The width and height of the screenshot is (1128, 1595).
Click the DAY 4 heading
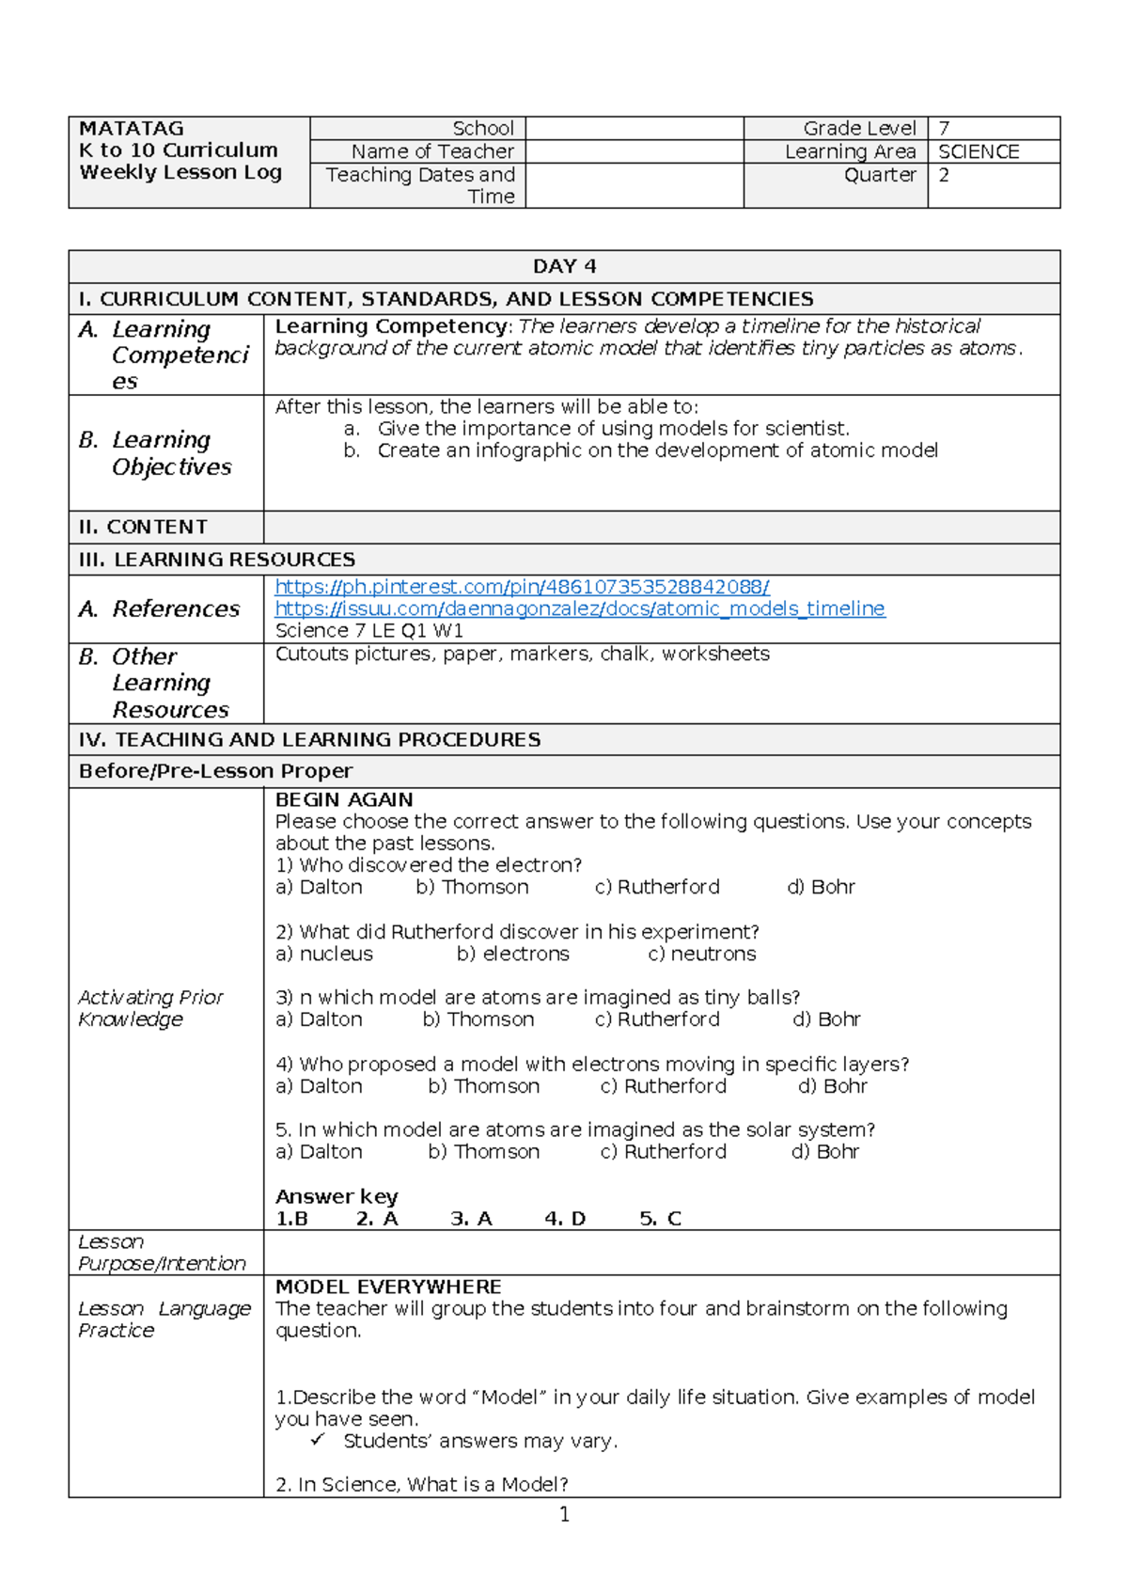coord(564,266)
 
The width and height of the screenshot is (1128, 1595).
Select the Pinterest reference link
coord(522,587)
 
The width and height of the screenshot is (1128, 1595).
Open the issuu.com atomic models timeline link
coord(579,608)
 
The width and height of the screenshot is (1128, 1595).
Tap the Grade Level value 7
coord(944,129)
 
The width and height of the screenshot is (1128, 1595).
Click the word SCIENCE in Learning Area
coord(979,151)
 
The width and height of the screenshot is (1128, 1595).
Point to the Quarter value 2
coord(944,175)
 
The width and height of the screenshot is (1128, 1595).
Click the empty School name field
coord(634,129)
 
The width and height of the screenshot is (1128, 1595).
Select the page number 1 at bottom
coord(564,1514)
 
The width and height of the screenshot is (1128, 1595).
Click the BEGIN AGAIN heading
coord(344,799)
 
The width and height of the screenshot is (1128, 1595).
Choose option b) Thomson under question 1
coord(472,887)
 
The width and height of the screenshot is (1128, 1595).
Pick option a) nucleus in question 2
coord(324,954)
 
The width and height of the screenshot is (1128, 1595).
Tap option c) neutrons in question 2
coord(701,954)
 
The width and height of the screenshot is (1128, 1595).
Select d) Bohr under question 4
coord(832,1086)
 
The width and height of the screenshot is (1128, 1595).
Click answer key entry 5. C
coord(660,1219)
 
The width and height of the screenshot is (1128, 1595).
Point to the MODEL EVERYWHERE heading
coord(388,1287)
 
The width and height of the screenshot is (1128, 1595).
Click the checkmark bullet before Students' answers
coord(318,1440)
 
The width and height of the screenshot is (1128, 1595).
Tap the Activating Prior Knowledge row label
coord(150,1008)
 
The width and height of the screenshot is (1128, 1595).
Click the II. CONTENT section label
coord(143,527)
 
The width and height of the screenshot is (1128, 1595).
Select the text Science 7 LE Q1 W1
coord(368,631)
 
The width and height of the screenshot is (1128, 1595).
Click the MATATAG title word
coord(132,129)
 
